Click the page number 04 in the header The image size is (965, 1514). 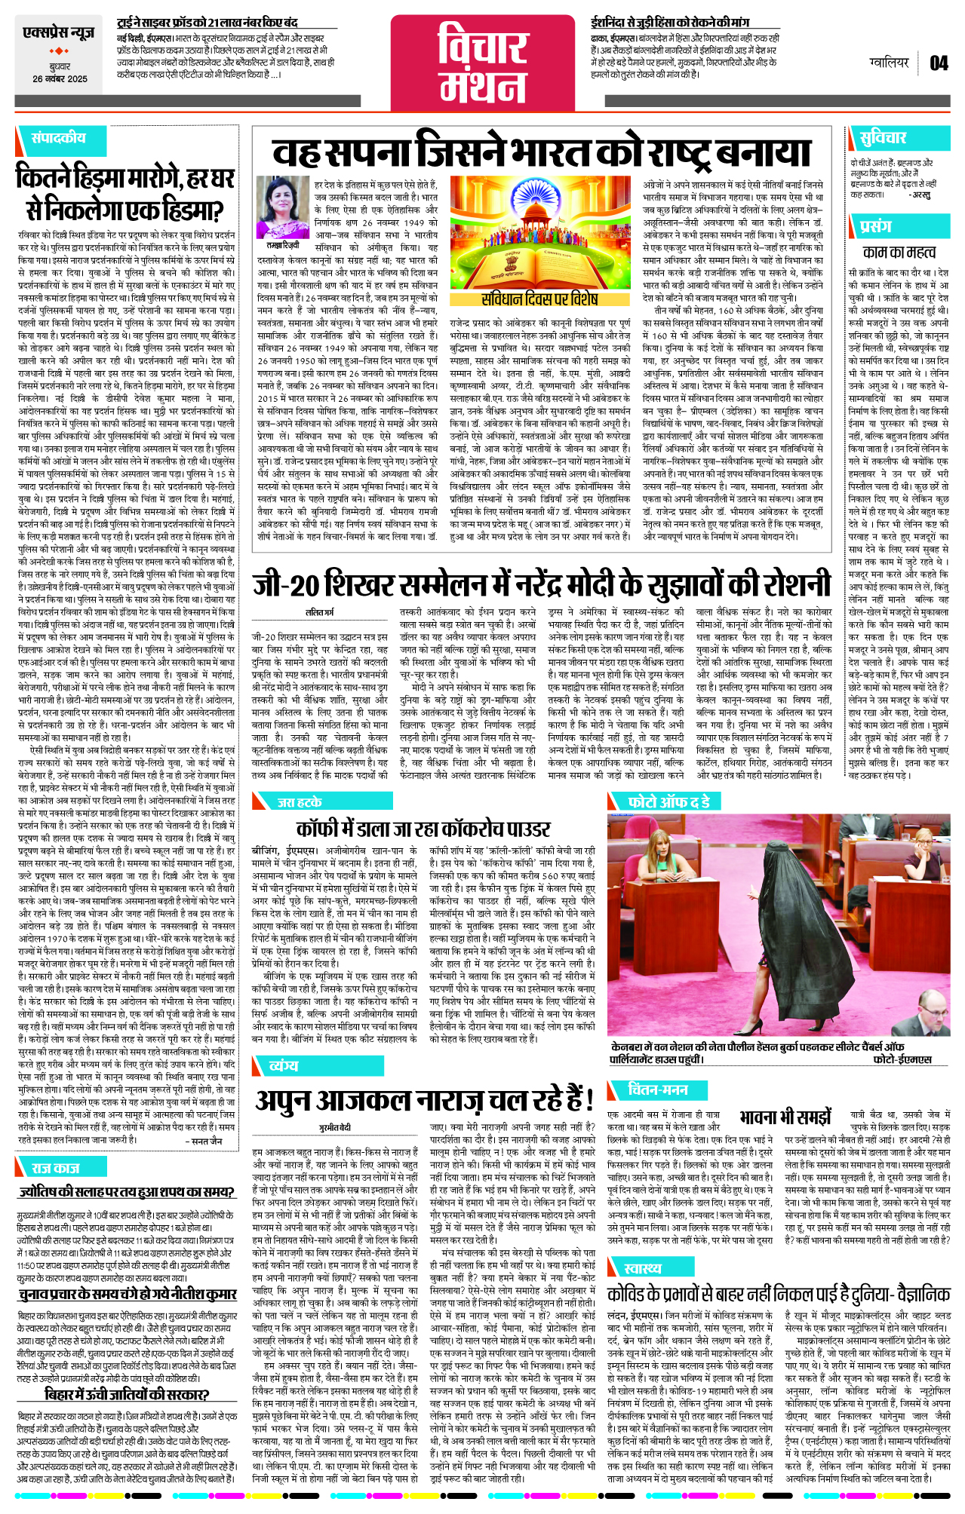pyautogui.click(x=939, y=63)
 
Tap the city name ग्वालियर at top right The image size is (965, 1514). pyautogui.click(x=889, y=63)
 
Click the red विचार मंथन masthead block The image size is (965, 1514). pyautogui.click(x=483, y=63)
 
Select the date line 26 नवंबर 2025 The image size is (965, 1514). pyautogui.click(x=60, y=79)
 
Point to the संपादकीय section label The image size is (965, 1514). pyautogui.click(x=58, y=138)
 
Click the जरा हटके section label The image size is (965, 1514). pyautogui.click(x=300, y=802)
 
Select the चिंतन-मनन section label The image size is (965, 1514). pyautogui.click(x=658, y=1090)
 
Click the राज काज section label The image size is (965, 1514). pyautogui.click(x=55, y=1168)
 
